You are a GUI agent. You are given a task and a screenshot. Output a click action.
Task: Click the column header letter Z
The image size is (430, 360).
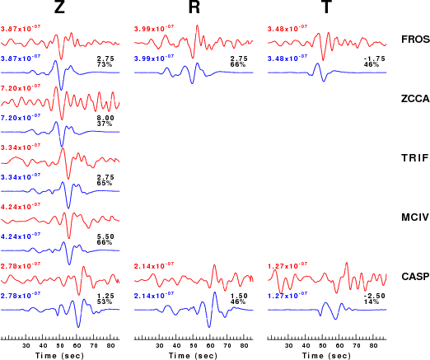59,7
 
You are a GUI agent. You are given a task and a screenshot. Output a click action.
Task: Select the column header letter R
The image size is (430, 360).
194,7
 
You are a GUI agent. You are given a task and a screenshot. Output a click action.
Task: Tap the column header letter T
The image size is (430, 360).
326,7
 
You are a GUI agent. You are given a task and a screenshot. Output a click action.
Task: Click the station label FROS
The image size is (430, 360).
415,40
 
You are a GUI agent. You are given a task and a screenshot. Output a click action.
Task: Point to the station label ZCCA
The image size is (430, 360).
415,99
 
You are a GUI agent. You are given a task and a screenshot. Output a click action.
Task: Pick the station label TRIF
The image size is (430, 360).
415,158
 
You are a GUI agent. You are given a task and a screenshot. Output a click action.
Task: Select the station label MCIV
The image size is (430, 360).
415,217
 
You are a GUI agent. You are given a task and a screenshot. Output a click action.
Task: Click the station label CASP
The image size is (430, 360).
415,277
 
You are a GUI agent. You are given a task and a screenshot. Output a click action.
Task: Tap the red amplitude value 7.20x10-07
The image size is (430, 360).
21,88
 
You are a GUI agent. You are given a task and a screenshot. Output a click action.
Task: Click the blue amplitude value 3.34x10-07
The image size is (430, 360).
21,177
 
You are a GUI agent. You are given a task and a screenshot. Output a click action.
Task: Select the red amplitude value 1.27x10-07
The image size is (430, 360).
287,266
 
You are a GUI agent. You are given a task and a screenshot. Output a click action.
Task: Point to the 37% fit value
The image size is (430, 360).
105,124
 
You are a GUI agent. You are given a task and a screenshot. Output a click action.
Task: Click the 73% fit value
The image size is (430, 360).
105,64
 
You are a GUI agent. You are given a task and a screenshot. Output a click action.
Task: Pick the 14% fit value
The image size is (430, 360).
372,302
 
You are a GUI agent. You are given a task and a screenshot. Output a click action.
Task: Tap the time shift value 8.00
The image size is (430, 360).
105,118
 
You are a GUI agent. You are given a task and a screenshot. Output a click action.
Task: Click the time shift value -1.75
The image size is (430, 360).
375,58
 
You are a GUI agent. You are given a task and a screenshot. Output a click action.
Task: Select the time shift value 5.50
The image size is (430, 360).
105,236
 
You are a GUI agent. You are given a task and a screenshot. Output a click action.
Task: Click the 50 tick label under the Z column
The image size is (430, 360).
60,346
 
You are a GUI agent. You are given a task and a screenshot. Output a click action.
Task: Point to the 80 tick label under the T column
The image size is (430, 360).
373,346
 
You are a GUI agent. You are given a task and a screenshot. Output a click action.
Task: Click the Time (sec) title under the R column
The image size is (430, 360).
193,356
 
